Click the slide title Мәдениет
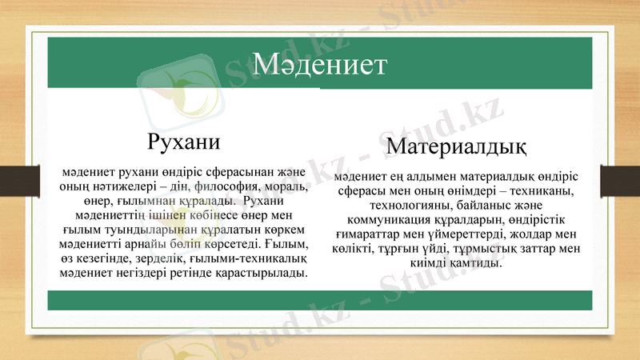tap(319, 64)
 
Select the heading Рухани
tap(184, 141)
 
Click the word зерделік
tap(153, 258)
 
